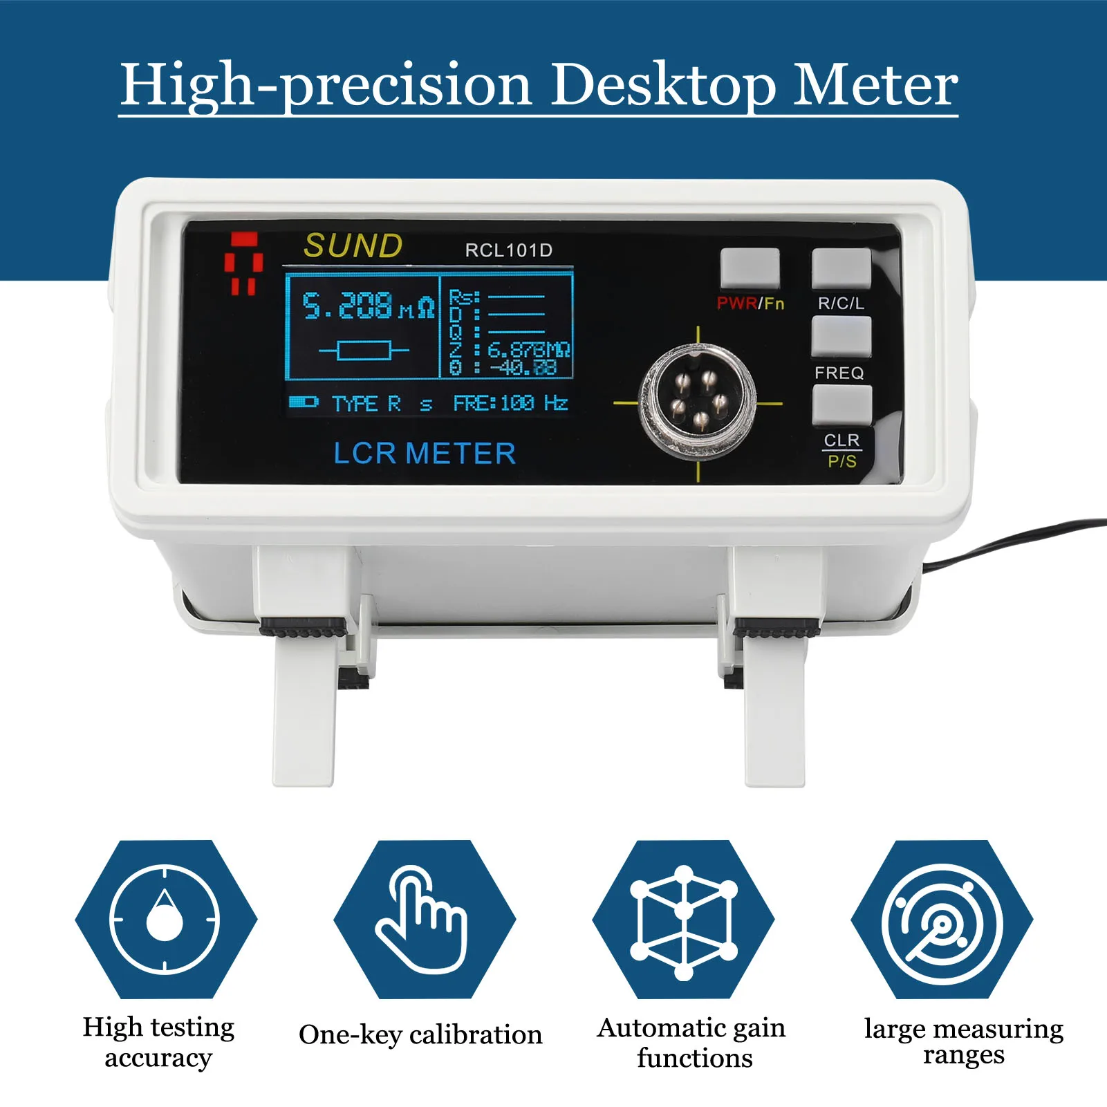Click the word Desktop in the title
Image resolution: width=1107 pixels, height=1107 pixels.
tap(663, 84)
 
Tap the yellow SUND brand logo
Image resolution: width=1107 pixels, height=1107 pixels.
tap(353, 245)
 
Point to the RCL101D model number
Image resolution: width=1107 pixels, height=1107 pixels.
tap(508, 250)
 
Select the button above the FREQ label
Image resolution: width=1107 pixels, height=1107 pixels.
tap(841, 337)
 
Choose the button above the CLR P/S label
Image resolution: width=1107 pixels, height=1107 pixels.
tap(841, 404)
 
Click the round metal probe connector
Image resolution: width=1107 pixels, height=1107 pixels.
tap(698, 402)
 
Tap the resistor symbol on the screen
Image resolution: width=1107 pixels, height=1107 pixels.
tap(364, 351)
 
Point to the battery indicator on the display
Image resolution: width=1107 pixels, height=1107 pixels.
tap(302, 402)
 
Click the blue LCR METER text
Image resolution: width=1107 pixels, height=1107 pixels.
tap(425, 454)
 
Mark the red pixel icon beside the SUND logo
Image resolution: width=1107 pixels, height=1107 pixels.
tap(243, 263)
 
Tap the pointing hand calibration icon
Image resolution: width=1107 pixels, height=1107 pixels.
tap(424, 919)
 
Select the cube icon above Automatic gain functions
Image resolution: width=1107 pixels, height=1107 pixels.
tap(683, 920)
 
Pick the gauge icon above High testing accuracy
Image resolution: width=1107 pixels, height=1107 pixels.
tap(165, 920)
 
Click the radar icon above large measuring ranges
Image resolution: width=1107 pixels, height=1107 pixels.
tap(942, 920)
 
